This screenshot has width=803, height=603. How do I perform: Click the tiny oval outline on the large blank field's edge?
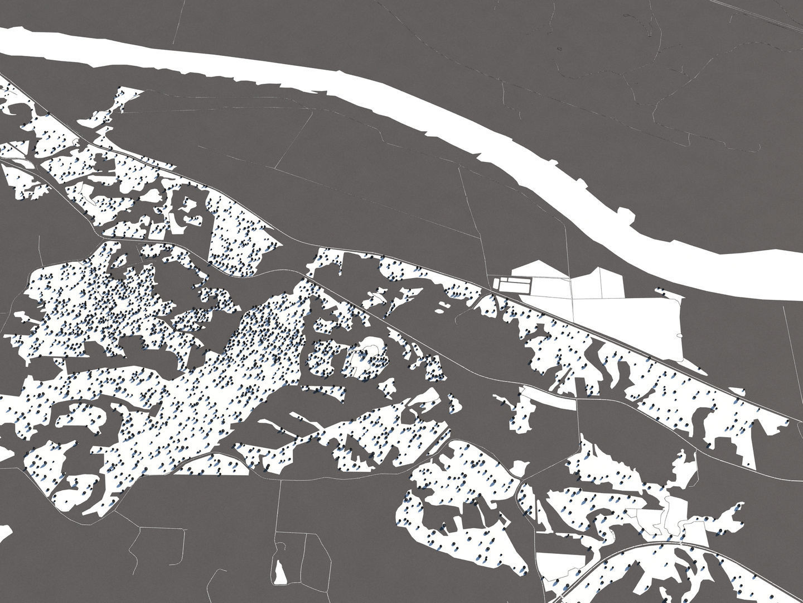pyautogui.click(x=680, y=336)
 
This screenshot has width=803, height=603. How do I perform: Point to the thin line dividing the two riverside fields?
pyautogui.click(x=573, y=290)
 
